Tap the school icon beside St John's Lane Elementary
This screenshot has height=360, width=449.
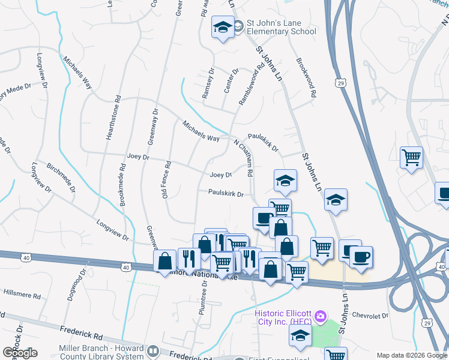[223, 27]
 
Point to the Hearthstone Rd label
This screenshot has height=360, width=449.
[110, 118]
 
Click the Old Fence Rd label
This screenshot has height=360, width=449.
[167, 179]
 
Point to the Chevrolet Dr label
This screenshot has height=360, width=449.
[370, 315]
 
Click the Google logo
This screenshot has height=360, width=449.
[20, 353]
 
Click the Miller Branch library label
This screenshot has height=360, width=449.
[101, 349]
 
